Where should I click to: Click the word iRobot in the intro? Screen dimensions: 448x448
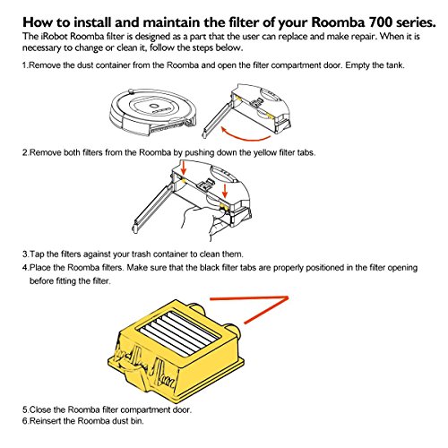(x=54, y=37)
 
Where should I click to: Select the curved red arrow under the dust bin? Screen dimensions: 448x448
(x=245, y=134)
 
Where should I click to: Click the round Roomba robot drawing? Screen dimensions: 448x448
(x=153, y=111)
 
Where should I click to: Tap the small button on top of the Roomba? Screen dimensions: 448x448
(x=129, y=90)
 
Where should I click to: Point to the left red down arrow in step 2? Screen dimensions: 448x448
(x=184, y=168)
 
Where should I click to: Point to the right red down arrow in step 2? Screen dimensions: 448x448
(x=225, y=191)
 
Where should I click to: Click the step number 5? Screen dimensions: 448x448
(x=25, y=409)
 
